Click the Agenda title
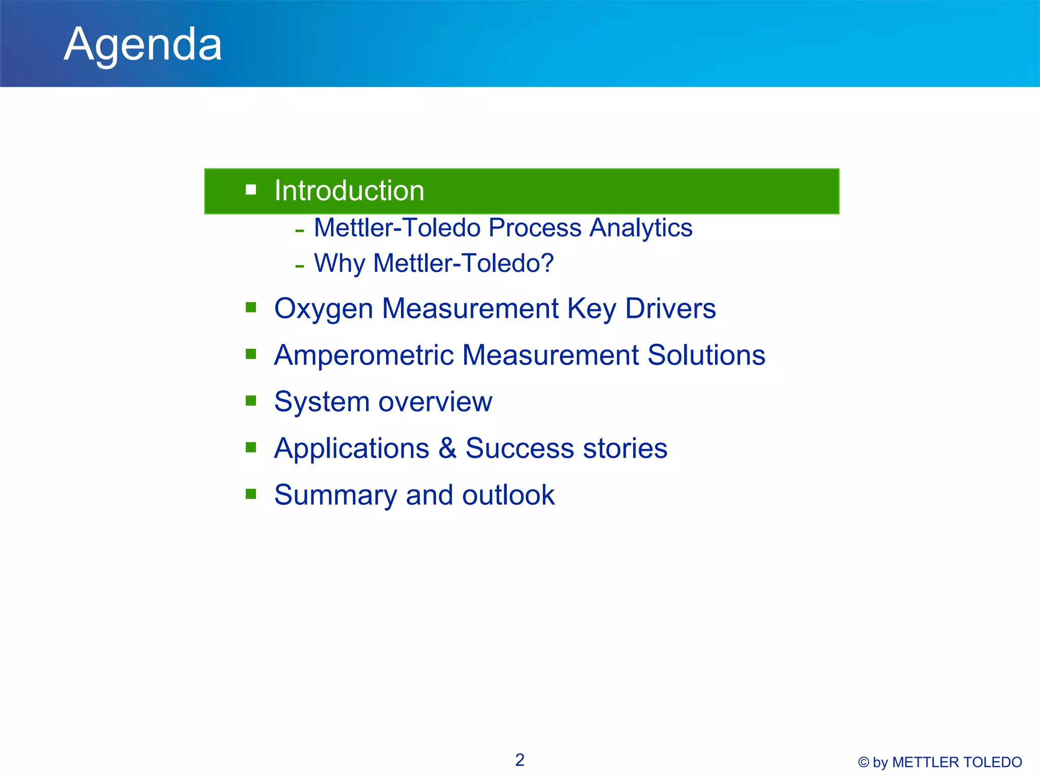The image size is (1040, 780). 143,45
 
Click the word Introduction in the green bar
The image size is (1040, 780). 349,190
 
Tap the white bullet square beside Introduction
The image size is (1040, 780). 251,190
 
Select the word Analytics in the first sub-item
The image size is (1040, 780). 641,228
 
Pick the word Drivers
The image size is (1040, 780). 670,308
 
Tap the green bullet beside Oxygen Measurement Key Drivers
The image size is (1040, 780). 251,307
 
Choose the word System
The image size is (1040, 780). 321,402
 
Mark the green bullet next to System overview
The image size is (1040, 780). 251,401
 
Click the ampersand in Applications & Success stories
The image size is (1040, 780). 447,448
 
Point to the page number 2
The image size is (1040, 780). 519,760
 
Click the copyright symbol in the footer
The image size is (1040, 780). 863,762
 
